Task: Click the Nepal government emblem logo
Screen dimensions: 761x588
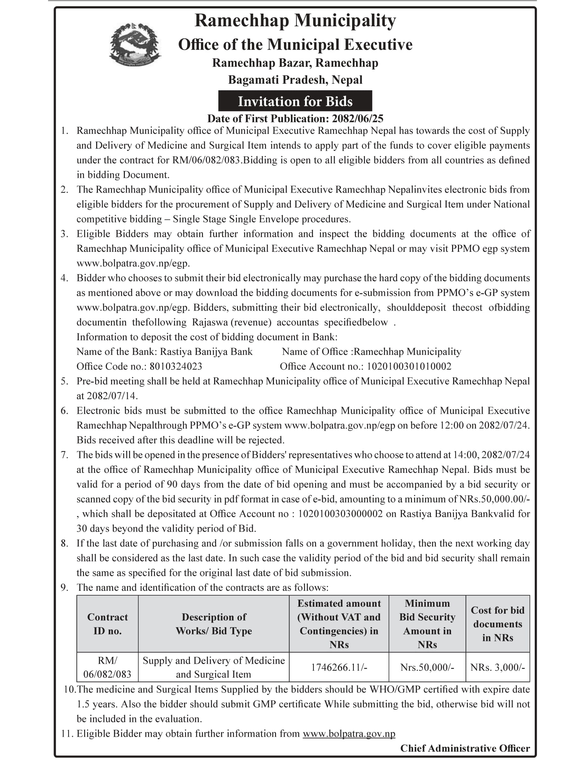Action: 135,44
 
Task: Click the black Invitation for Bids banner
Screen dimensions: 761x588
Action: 295,101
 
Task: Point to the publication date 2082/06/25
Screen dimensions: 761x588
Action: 357,119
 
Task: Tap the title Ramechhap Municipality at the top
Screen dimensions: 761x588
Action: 295,20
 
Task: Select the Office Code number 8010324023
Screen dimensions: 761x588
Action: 176,366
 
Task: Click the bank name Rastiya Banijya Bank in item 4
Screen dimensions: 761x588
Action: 206,351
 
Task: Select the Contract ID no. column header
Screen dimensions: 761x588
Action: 107,624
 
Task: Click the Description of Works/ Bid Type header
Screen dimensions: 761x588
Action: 213,624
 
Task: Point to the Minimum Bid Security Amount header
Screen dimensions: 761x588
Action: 427,624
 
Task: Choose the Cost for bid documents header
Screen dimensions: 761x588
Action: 497,624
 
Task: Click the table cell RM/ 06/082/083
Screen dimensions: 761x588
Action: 107,667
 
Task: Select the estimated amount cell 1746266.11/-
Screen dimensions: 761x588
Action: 339,667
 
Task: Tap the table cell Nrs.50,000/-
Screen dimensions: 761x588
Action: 427,667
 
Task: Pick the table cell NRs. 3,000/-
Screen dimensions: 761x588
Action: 497,667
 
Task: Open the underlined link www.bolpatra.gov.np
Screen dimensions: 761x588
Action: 349,734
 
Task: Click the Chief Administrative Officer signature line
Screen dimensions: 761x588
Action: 465,748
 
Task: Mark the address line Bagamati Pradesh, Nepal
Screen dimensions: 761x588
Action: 295,80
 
